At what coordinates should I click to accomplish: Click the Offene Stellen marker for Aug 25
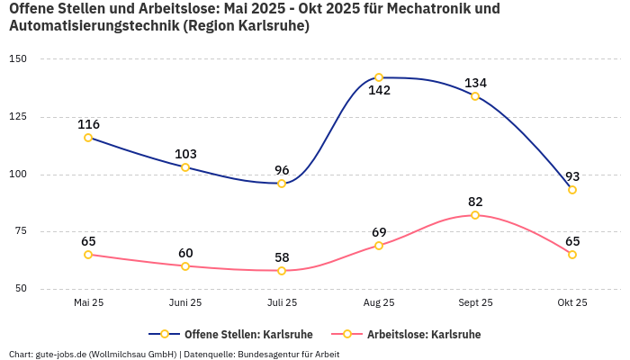coord(379,77)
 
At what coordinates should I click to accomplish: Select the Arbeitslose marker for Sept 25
coord(475,215)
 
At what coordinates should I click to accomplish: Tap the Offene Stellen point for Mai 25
coord(88,138)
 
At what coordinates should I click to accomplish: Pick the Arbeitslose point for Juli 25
coord(282,271)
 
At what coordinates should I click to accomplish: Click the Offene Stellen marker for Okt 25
coord(572,190)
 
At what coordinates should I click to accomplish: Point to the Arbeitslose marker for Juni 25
coord(185,266)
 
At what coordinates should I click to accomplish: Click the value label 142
coord(379,91)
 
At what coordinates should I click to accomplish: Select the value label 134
coord(475,83)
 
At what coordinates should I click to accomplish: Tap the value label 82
coord(475,202)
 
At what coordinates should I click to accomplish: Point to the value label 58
coord(282,257)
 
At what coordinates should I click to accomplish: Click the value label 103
coord(185,154)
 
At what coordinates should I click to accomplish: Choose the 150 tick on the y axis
coord(18,59)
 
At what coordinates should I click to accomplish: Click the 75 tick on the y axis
coord(21,231)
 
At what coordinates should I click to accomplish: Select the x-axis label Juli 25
coord(282,302)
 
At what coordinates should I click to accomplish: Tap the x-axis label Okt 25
coord(572,302)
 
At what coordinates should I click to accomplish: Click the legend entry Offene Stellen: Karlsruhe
coord(236,335)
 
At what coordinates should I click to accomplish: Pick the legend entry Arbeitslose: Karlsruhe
coord(423,335)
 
